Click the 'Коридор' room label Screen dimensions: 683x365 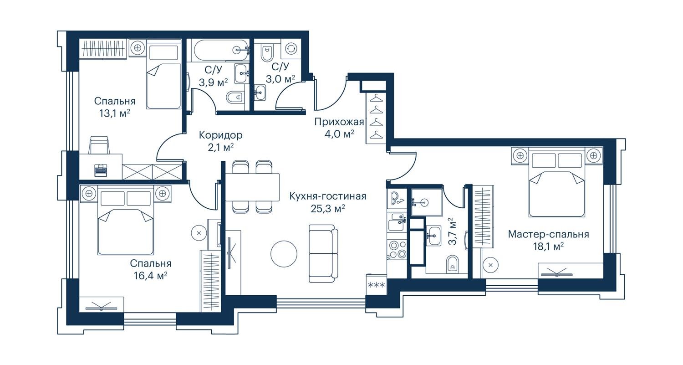coord(220,135)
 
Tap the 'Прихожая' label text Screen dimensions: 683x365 coord(339,122)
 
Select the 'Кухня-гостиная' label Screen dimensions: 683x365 coord(328,196)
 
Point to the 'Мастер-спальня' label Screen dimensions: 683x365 coord(549,234)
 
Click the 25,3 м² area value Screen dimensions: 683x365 coord(328,209)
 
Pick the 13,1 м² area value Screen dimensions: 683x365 coord(115,114)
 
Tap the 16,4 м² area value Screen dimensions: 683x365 coord(151,276)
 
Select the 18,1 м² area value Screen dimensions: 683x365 coord(548,247)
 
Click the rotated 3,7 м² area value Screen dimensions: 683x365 coord(453,231)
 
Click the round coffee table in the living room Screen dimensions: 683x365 coord(284,254)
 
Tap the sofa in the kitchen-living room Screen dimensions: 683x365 coord(323,254)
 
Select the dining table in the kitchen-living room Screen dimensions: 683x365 coord(252,187)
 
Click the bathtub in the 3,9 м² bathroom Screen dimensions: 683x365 coord(220,51)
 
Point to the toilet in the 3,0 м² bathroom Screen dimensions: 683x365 coord(267,54)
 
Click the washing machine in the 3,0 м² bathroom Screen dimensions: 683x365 coord(291,48)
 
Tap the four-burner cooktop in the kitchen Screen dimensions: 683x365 coord(397,250)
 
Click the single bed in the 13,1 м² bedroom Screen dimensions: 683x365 coord(163,74)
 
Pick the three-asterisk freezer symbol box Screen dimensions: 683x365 coord(377,285)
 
